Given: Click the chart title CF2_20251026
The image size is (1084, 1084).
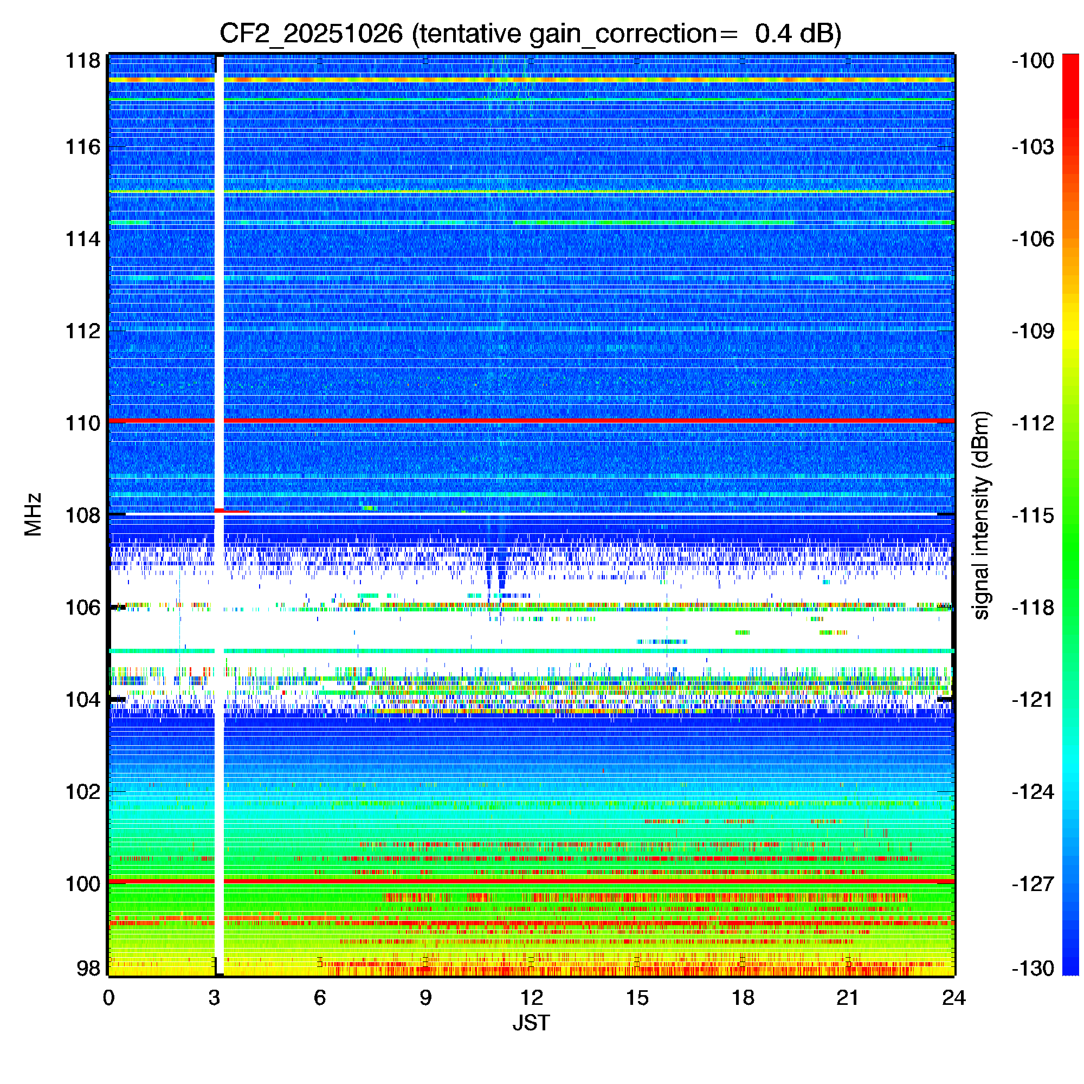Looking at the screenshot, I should tap(311, 34).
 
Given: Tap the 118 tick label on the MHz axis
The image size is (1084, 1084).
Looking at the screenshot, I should tap(83, 61).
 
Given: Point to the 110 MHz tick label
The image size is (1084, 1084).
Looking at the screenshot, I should tap(83, 423).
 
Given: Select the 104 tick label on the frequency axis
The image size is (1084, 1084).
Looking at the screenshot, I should tap(83, 700).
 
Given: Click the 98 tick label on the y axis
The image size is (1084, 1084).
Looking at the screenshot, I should tap(88, 968).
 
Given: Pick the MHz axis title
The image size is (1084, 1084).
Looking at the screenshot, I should tap(33, 514).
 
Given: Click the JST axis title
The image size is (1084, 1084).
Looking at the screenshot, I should tap(531, 1023).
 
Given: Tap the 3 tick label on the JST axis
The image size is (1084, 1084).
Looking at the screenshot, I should tap(214, 997).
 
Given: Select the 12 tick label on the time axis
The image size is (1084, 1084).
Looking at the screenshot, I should tap(531, 997).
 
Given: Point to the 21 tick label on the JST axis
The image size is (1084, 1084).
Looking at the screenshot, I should tap(848, 997).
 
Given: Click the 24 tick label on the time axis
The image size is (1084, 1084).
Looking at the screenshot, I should tap(954, 997).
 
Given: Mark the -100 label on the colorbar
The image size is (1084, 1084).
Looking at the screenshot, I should tap(1033, 61).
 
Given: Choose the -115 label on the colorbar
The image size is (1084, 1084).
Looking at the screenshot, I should tap(1033, 515).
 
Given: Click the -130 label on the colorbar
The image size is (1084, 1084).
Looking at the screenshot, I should tap(1033, 968).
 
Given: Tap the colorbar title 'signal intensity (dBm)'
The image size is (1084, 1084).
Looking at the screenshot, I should tap(982, 515).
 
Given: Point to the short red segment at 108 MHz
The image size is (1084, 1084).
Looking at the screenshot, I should tap(233, 511).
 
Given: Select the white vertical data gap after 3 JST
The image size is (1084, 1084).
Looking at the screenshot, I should tap(220, 337).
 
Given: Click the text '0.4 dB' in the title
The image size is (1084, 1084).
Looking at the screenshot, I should tap(797, 34).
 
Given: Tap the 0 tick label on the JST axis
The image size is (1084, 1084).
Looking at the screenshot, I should tap(108, 997).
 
